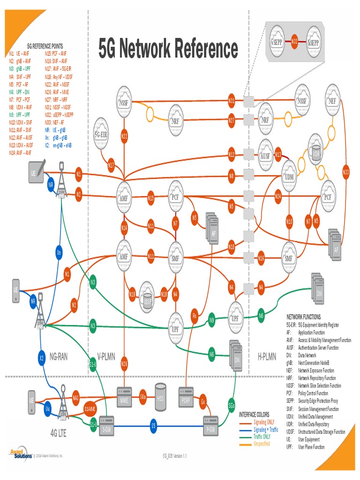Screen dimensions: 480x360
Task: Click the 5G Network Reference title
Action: [x=168, y=49]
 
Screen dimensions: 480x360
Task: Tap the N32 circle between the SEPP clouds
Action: [x=294, y=42]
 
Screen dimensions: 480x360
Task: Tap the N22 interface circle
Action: [x=124, y=136]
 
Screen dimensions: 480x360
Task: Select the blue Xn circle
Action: [x=59, y=252]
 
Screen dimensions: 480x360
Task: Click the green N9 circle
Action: [x=212, y=320]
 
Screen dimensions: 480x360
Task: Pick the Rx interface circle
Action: [x=195, y=316]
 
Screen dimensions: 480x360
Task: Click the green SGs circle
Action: [x=232, y=405]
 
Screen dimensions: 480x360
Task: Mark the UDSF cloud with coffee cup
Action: [x=148, y=294]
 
